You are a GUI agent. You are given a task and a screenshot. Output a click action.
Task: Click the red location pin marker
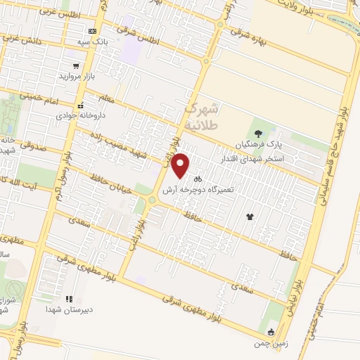tap(181, 165)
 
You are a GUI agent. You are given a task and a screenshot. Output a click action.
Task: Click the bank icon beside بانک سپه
tap(92, 31)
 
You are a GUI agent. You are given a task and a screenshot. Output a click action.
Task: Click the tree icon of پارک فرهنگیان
tap(258, 133)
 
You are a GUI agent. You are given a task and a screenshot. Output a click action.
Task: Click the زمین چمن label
tap(271, 344)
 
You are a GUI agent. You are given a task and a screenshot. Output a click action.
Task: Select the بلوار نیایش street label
tap(290, 290)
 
